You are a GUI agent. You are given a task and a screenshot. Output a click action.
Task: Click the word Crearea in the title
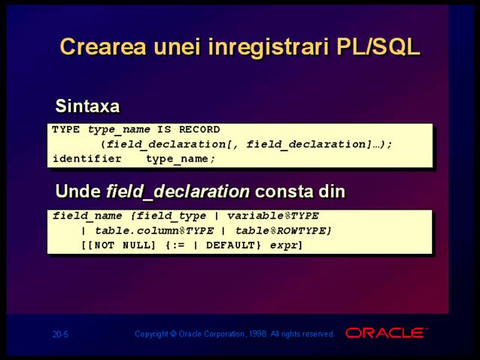(103, 47)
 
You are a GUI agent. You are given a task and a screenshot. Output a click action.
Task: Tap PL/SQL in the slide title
(378, 47)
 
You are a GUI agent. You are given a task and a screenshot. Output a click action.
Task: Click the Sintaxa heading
(87, 106)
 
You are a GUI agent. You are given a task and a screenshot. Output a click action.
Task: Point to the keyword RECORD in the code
(200, 129)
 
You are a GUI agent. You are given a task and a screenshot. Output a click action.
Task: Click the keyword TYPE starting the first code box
(66, 129)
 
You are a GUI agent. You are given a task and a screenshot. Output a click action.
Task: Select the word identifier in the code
(87, 159)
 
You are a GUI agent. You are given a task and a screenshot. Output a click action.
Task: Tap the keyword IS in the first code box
(164, 129)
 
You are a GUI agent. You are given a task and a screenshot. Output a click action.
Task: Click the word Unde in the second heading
(78, 191)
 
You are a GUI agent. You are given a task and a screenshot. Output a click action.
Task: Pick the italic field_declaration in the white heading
(178, 192)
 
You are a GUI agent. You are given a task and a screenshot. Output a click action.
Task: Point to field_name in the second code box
(87, 216)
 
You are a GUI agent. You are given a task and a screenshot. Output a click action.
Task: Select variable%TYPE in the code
(273, 216)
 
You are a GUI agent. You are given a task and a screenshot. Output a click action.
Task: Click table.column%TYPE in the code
(154, 231)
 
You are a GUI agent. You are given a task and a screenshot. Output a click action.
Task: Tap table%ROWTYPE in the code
(283, 231)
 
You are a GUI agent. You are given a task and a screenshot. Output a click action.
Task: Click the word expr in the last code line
(283, 246)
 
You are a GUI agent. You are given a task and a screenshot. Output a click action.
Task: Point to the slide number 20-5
(61, 334)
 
